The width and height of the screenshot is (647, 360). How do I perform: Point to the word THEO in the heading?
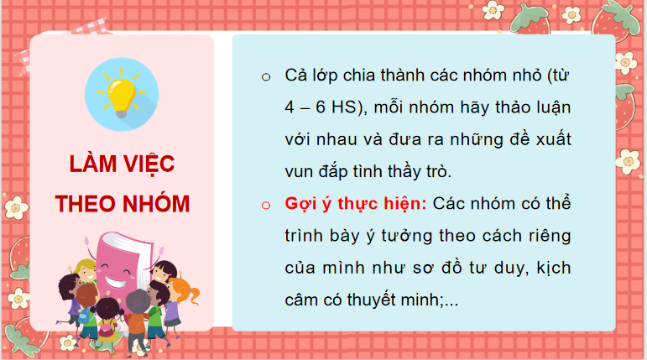point(86,203)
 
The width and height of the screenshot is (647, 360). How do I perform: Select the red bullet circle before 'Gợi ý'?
point(266,205)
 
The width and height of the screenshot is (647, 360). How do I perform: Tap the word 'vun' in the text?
point(299,172)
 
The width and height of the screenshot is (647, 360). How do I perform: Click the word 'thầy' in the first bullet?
point(420,172)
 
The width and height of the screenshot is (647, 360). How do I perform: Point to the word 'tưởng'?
point(409,236)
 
